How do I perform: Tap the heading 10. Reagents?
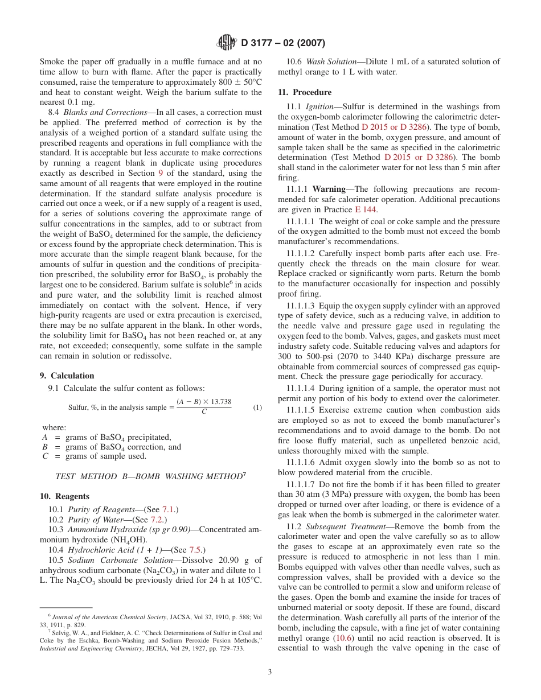(x=64, y=496)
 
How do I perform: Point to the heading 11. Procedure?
(x=304, y=92)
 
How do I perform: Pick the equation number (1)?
(x=257, y=407)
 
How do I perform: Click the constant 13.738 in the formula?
(x=219, y=402)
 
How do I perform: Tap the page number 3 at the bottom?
(x=270, y=672)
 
